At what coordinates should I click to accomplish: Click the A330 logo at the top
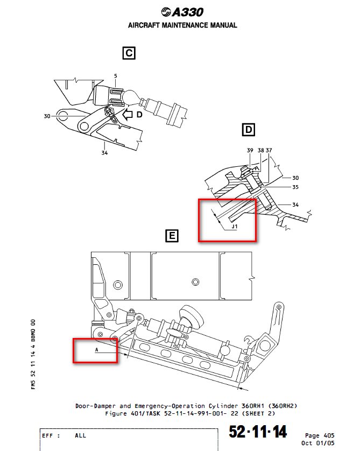coord(182,12)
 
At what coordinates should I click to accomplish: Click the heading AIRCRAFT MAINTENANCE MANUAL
coord(182,25)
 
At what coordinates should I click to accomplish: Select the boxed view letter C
coord(128,53)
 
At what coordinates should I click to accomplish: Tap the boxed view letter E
coord(172,235)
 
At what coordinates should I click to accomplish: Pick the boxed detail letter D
coord(248,130)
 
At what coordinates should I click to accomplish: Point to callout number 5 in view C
coord(115,76)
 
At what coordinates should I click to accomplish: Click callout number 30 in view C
coord(47,115)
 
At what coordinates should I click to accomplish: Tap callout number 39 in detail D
coord(250,151)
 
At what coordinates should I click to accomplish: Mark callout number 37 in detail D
coord(269,151)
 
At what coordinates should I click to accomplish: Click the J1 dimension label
coord(234,227)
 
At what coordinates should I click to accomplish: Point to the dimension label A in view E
coord(96,349)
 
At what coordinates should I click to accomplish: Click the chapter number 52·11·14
coord(258,432)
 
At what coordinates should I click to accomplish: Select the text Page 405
coord(319,435)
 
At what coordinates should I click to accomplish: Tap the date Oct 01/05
coord(319,443)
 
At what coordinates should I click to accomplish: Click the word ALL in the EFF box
coord(80,435)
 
